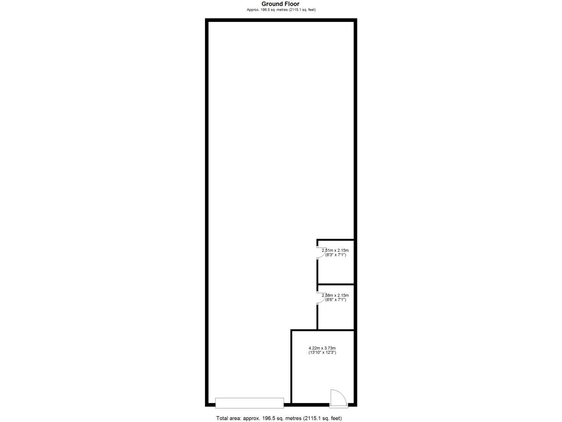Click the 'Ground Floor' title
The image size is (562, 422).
(x=281, y=4)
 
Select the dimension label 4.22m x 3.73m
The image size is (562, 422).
(x=322, y=348)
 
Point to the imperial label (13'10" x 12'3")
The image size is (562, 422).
(x=322, y=353)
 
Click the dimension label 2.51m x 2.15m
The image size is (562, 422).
(x=335, y=251)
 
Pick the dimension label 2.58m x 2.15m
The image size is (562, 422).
(x=335, y=295)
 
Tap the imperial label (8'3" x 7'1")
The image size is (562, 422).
(x=335, y=255)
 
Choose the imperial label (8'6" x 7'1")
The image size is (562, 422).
(x=335, y=300)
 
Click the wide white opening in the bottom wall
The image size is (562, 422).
(x=249, y=403)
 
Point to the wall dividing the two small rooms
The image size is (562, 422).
(x=335, y=284)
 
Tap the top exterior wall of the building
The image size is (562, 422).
(x=281, y=20)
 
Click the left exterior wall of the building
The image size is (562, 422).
(x=207, y=211)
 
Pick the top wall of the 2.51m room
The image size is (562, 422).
(x=335, y=240)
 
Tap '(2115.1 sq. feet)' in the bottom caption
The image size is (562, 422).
(x=322, y=418)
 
